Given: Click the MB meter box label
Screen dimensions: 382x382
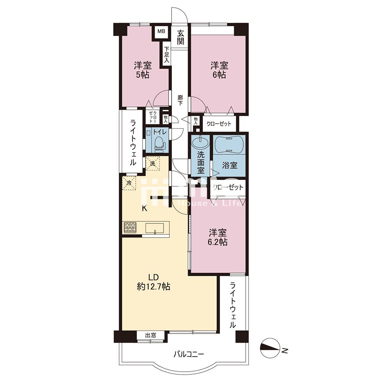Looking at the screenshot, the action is point(161,31).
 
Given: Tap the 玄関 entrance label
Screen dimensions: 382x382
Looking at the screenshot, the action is point(181,37).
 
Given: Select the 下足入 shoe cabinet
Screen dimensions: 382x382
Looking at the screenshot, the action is point(167,55).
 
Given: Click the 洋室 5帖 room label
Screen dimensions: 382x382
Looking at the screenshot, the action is point(143,70).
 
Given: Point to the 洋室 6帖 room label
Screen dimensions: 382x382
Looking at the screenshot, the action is point(219,70).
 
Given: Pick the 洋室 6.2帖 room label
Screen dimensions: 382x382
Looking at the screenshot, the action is point(218,237).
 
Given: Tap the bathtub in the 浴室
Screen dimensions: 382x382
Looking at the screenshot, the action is point(228,144).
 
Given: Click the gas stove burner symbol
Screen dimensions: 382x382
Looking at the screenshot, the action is point(130,227).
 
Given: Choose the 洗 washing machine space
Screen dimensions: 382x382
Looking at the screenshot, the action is point(152,163).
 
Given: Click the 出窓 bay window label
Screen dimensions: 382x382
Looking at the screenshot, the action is point(151,335).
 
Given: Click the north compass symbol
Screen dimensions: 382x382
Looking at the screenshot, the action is point(270,348).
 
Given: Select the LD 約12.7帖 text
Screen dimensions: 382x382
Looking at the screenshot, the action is point(154,282).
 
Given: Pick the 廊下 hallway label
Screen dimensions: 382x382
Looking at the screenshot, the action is point(180,100).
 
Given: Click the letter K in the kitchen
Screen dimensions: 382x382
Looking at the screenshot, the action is point(144,208).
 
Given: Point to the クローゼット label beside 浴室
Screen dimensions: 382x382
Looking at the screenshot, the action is point(228,187).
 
